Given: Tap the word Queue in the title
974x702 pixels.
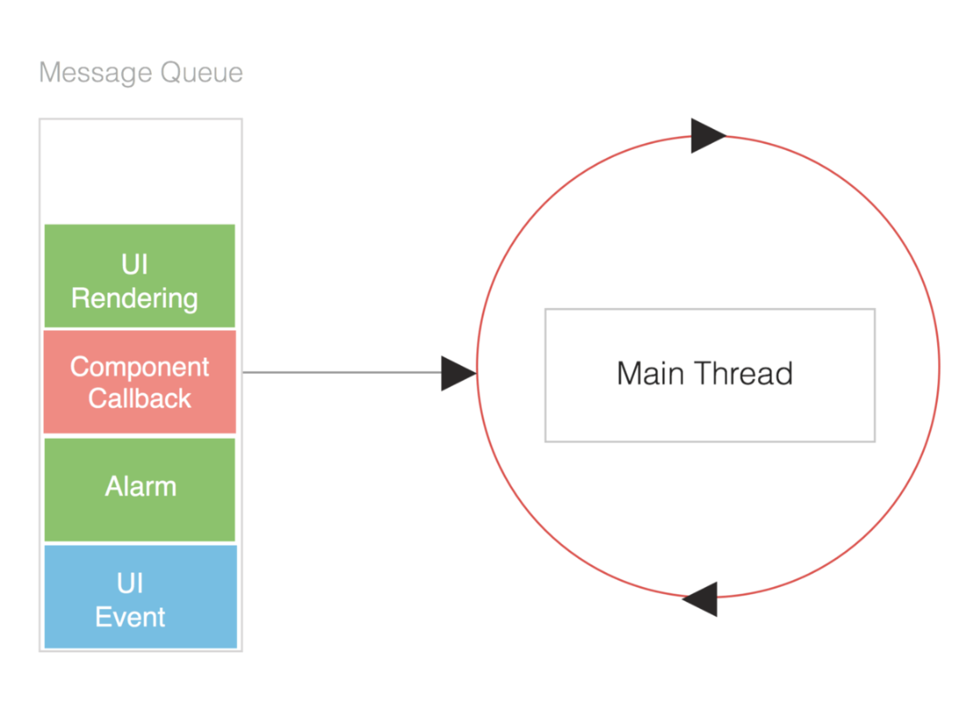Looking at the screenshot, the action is point(201,73).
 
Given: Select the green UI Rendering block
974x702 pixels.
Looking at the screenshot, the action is point(140,276).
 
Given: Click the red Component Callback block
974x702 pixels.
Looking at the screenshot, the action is point(140,382).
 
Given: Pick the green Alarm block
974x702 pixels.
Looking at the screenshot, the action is point(140,490).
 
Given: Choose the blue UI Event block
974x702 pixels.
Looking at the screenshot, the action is point(140,597).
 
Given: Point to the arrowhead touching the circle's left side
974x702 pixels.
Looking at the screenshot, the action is point(459,373).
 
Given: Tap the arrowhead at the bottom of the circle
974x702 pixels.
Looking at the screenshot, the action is point(699,598).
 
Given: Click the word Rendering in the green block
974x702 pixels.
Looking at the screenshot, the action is point(135,299).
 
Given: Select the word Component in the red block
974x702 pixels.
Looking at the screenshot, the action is point(140,367).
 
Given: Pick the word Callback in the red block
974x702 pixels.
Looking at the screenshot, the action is point(140,398).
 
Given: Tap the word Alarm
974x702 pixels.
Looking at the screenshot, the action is point(141,486).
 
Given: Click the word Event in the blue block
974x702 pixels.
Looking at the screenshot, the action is point(131,617).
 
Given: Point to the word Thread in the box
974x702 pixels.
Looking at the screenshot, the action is point(744,373).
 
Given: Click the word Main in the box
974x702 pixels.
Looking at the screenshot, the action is point(652,373).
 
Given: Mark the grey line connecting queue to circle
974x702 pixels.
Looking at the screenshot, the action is point(342,373).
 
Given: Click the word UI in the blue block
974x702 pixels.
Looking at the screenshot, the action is point(131,584).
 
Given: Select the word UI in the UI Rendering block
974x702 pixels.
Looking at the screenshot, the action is point(135,265).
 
